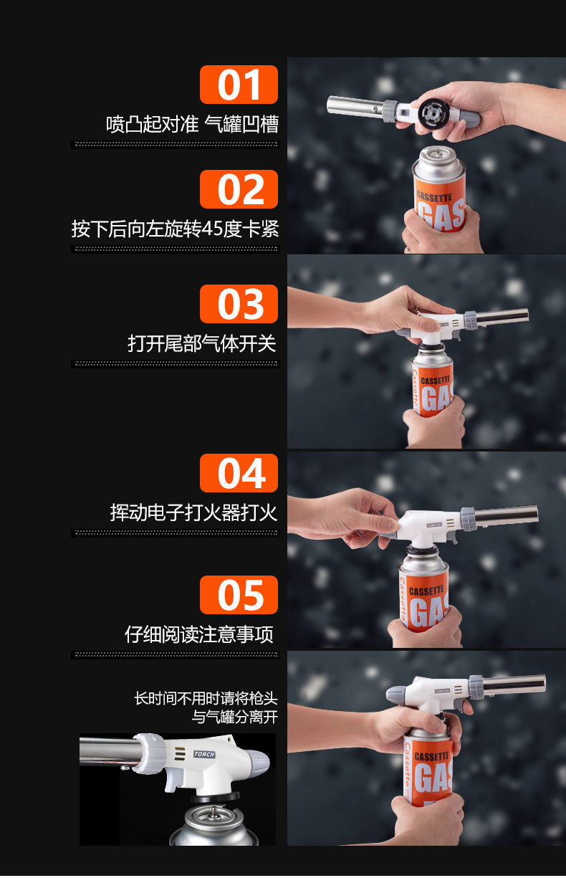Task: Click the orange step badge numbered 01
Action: [x=239, y=85]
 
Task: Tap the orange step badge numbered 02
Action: [x=239, y=189]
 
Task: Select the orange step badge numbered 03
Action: [x=239, y=304]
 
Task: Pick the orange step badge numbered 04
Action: [x=239, y=473]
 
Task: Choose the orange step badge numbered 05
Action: [x=239, y=595]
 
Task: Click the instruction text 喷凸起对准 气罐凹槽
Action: [x=192, y=124]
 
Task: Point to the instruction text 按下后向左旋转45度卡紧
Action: [x=175, y=229]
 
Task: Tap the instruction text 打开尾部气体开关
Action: [x=202, y=343]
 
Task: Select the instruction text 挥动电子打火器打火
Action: [x=193, y=512]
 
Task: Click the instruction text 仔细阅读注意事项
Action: [x=199, y=634]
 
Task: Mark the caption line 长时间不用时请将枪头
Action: [x=206, y=698]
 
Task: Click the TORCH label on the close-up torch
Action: [x=204, y=754]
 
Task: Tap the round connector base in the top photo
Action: [x=433, y=115]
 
